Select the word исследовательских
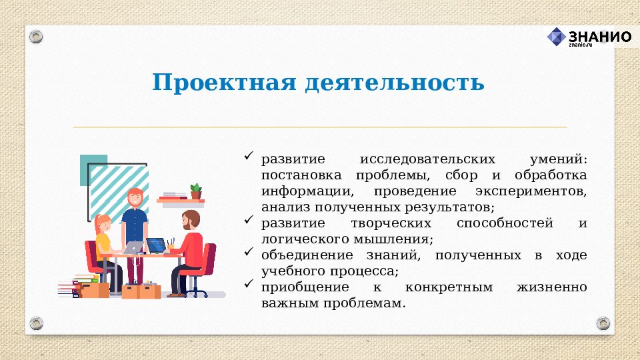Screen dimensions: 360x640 (427, 160)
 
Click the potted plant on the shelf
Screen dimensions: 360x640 (195, 191)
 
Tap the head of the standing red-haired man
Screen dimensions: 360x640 (135, 197)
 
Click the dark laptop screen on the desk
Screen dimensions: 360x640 (156, 245)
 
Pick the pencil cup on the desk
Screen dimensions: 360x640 (171, 245)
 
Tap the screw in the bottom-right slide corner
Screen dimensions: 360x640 (603, 323)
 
